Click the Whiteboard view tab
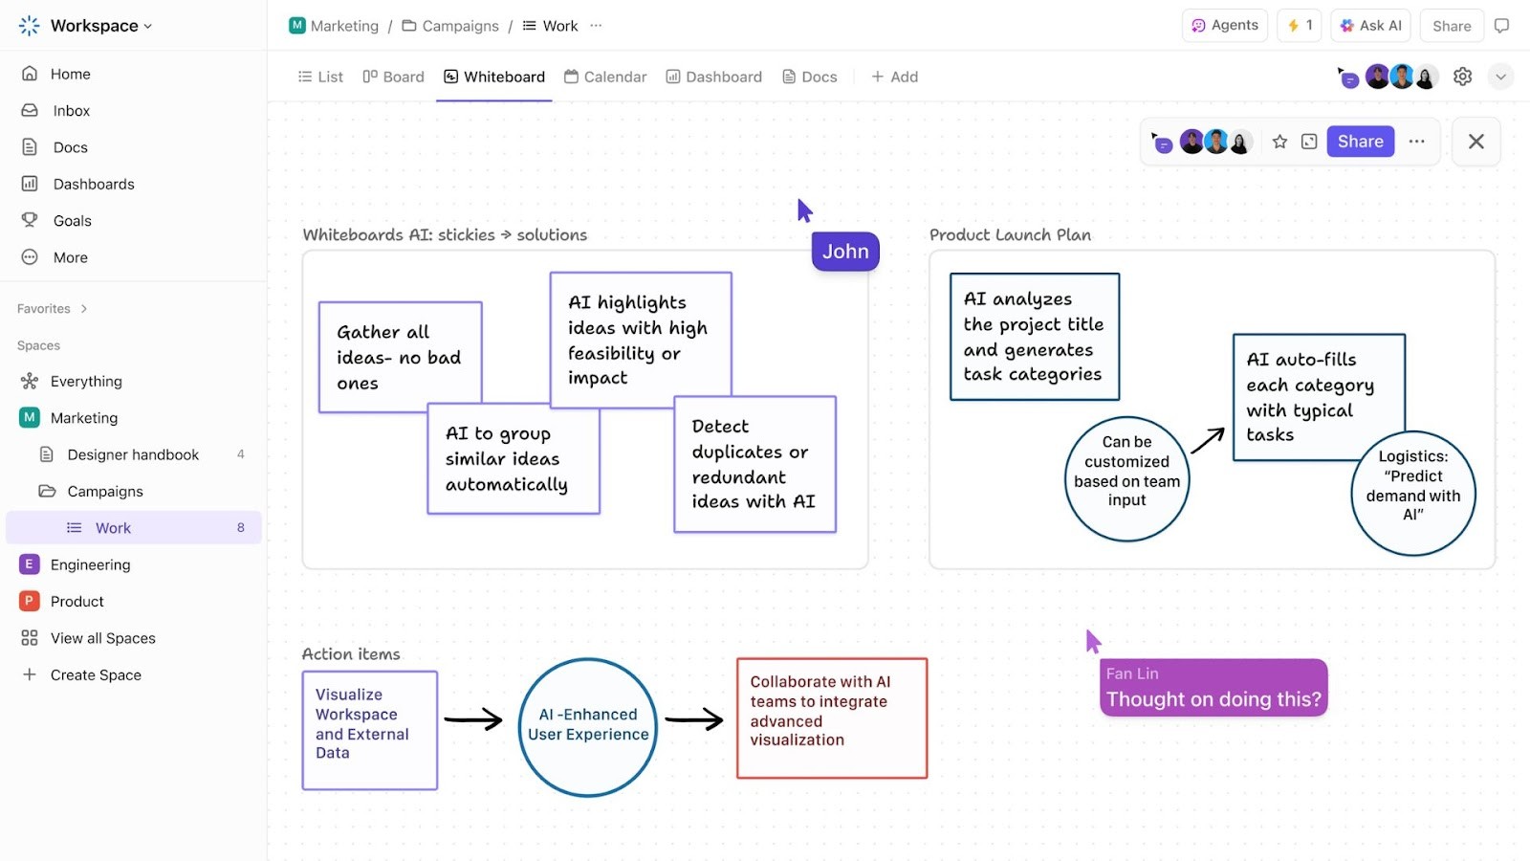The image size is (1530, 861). tap(494, 77)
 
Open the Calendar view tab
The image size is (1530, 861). tap(605, 77)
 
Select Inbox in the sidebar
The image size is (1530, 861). tap(71, 111)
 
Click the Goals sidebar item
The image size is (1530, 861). tap(72, 221)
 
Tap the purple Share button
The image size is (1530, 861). tap(1360, 142)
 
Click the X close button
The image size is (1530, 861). tap(1475, 142)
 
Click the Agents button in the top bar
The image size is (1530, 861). tap(1225, 26)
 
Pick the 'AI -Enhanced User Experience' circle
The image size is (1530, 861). tap(588, 727)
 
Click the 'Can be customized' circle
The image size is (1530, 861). tap(1126, 478)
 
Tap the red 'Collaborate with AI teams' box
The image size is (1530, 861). tap(831, 718)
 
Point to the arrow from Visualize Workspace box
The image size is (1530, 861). tap(473, 719)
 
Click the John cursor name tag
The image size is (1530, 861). tap(845, 252)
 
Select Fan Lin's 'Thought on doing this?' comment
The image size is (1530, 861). tap(1213, 688)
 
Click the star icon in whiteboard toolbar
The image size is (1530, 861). tap(1279, 142)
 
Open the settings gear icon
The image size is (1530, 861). tap(1462, 77)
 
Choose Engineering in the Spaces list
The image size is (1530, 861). tap(90, 564)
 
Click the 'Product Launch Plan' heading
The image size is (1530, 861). tap(1010, 235)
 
